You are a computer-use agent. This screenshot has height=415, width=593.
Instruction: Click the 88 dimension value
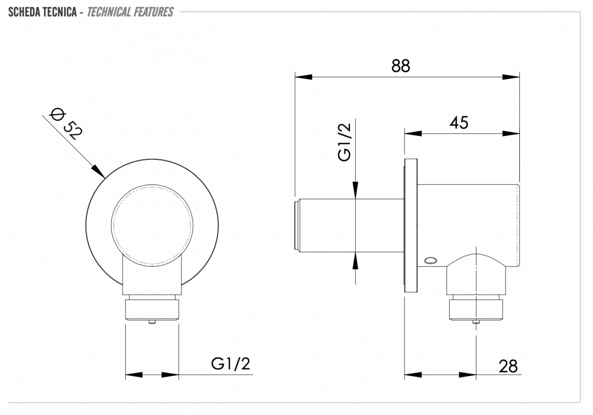click(401, 66)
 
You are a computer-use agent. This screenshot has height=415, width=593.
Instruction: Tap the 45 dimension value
click(459, 123)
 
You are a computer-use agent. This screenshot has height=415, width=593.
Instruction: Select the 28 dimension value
click(508, 366)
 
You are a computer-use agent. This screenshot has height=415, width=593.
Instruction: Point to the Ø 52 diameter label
click(66, 124)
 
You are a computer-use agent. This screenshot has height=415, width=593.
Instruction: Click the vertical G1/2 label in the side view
click(344, 142)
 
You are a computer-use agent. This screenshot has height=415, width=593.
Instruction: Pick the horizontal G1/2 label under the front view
click(230, 364)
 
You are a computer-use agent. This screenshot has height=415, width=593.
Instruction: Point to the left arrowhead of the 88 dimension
click(303, 77)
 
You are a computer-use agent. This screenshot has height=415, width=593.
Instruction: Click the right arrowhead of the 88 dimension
click(511, 77)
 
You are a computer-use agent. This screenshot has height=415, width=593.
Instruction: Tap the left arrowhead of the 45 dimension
click(413, 133)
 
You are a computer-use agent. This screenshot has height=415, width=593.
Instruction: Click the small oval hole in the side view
click(430, 260)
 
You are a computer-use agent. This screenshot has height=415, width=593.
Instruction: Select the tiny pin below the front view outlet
click(152, 322)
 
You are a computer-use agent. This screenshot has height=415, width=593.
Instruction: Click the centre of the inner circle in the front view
click(152, 226)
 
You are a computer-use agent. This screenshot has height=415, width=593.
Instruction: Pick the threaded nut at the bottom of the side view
click(476, 310)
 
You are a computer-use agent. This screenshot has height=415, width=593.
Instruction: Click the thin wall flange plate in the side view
click(411, 226)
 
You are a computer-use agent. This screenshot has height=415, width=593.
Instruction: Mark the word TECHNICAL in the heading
click(109, 12)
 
